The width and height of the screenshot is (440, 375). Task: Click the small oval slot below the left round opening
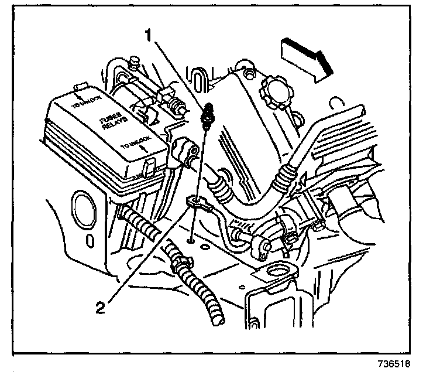(88, 240)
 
